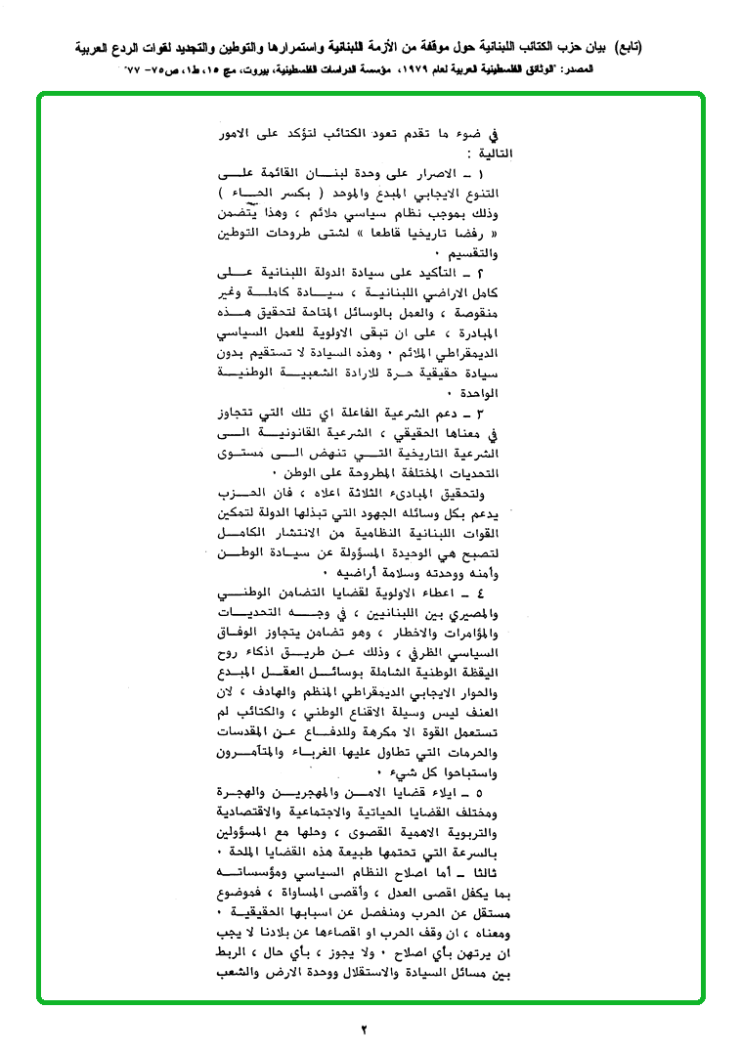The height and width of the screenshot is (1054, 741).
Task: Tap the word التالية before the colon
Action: point(489,154)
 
